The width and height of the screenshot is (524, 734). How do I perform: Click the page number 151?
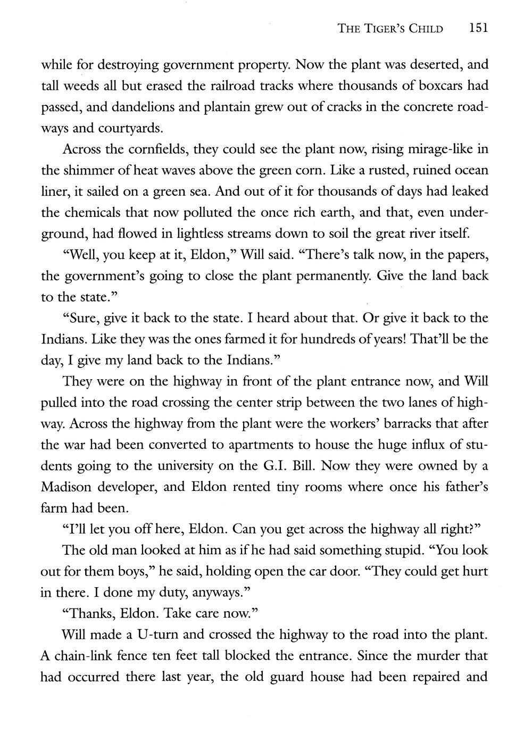[x=478, y=28]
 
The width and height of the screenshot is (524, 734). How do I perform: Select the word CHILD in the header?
[x=426, y=29]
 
